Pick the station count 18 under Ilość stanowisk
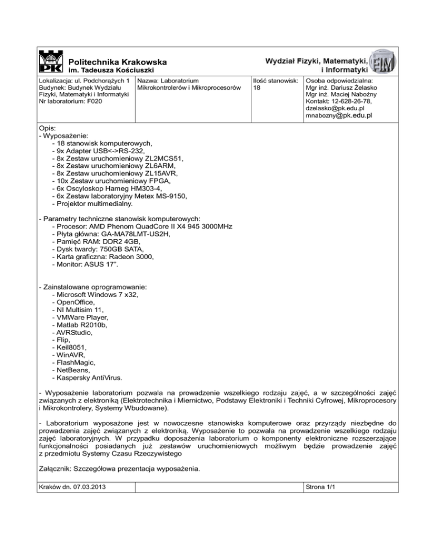[257, 88]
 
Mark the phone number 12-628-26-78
[356, 101]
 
